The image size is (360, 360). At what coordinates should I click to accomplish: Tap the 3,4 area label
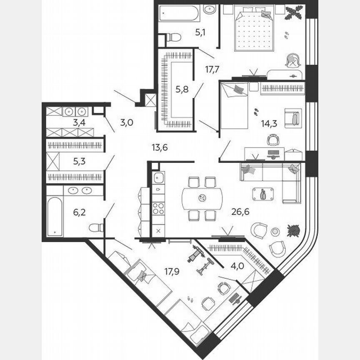(x=79, y=122)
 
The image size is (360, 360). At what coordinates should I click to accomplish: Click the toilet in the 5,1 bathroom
(x=173, y=37)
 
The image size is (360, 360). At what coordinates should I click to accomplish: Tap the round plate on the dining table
(x=202, y=198)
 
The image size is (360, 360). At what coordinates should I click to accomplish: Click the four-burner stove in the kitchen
(x=158, y=208)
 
